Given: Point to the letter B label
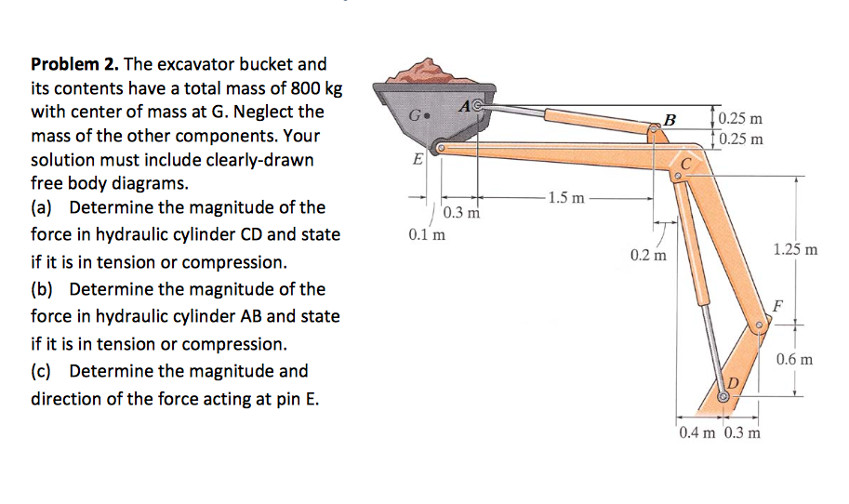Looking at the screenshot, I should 669,119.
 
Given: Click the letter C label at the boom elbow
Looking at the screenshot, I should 686,164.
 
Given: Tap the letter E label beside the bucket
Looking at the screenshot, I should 418,159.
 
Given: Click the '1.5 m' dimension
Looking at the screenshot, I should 566,197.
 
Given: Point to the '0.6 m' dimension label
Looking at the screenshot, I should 795,359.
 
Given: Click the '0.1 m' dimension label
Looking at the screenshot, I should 426,233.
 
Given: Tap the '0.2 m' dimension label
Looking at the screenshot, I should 648,254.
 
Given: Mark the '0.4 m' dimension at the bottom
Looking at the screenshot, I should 696,433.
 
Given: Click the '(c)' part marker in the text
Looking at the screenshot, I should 44,371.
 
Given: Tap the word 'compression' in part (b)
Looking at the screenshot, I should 233,344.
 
